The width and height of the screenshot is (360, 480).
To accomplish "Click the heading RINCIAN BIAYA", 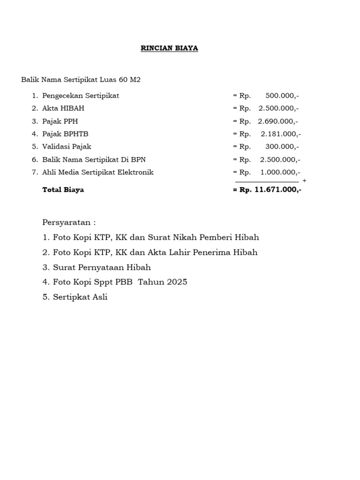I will [169, 48].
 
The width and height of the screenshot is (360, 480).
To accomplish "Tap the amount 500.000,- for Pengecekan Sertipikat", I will [282, 96].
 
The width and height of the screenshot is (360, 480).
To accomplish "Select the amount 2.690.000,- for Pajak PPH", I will [278, 121].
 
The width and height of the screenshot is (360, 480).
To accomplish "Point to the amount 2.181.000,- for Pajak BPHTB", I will [281, 134].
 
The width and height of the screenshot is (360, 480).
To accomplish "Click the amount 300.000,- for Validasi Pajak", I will [282, 147].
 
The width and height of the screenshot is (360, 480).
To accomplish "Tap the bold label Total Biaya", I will [63, 190].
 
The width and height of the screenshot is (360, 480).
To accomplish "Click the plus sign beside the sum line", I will [305, 180].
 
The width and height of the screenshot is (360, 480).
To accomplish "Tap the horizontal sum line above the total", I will [267, 182].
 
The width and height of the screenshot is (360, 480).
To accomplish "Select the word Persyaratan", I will [66, 222].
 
